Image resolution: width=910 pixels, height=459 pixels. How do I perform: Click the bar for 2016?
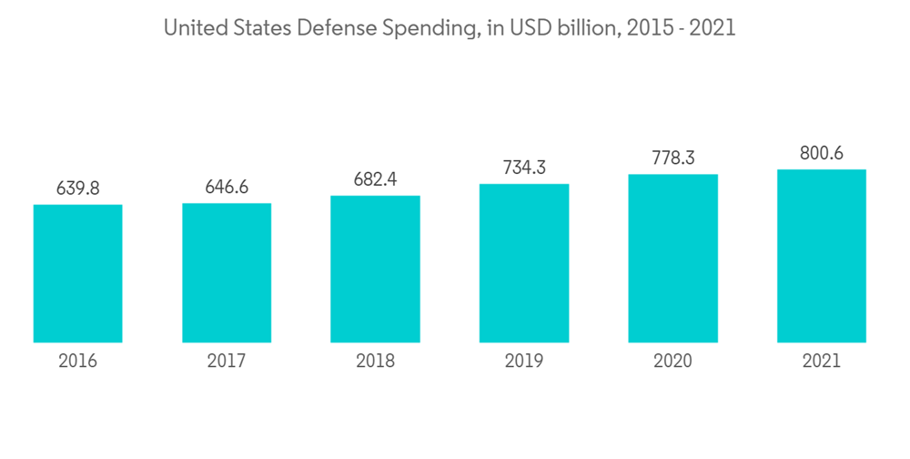point(77,273)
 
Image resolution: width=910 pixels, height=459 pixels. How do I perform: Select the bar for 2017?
point(227,272)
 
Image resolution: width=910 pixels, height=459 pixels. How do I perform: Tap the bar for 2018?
point(375,269)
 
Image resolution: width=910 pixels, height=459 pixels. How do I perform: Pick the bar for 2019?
point(524,263)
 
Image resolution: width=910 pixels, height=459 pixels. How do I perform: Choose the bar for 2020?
point(672,258)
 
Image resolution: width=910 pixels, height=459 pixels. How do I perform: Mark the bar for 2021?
point(821,256)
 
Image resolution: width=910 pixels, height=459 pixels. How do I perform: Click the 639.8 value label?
point(77,189)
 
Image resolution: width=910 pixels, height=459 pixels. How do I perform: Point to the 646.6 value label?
point(227,187)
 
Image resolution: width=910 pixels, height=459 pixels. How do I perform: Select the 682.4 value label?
point(375,179)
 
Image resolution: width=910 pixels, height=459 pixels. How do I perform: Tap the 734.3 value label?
point(524,168)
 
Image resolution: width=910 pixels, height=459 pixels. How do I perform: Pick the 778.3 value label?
point(672,158)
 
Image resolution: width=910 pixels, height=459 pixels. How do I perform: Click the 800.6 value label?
point(821,154)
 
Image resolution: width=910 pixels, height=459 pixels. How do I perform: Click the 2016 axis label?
point(77,362)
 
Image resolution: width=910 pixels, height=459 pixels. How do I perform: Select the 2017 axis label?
point(227,362)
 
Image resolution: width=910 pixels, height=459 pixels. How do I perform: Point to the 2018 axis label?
point(375,362)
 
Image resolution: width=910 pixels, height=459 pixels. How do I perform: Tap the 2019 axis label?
point(524,362)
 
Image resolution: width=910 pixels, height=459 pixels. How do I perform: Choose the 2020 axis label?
point(672,362)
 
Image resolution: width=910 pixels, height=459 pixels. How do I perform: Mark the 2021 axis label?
point(821,362)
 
